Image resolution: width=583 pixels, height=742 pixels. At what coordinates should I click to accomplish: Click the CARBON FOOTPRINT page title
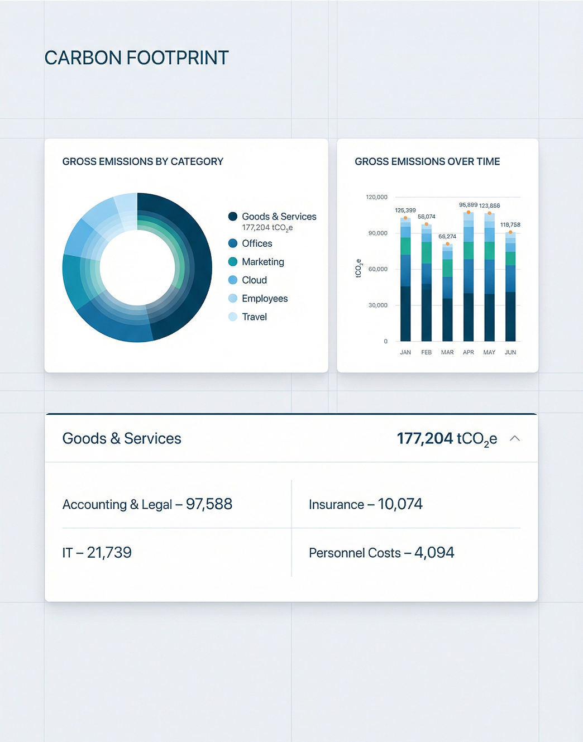136,58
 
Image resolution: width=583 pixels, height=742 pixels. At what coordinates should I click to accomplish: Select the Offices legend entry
257,243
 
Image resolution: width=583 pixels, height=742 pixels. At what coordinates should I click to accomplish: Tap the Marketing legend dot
233,262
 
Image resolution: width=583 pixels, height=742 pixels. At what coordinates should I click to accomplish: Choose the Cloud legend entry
254,280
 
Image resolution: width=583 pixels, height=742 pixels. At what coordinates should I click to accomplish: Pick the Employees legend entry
264,299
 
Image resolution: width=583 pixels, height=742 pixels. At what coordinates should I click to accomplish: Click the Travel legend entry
254,317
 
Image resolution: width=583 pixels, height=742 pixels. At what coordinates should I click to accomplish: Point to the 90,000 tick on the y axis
377,233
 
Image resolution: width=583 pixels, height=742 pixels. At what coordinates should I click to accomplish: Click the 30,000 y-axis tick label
377,305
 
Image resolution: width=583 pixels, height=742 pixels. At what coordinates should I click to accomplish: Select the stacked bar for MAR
447,293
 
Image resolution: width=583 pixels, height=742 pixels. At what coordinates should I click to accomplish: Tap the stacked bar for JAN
405,279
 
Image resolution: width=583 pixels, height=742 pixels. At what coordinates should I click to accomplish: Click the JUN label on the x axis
510,352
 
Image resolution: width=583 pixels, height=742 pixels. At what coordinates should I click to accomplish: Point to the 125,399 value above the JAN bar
405,210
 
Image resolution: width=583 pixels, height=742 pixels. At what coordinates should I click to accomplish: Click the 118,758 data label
510,225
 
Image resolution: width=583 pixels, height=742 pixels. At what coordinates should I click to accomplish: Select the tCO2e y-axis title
359,269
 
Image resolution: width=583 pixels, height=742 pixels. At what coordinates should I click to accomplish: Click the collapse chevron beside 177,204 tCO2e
515,438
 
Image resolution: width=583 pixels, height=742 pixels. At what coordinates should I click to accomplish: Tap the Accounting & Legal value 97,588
209,504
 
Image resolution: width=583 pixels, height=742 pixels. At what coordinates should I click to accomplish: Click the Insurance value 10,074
400,504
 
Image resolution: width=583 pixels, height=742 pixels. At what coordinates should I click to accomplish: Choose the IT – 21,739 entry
97,553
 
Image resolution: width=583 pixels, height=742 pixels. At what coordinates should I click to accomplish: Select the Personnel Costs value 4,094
434,553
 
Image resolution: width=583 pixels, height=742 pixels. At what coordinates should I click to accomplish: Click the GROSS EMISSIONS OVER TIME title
427,161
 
